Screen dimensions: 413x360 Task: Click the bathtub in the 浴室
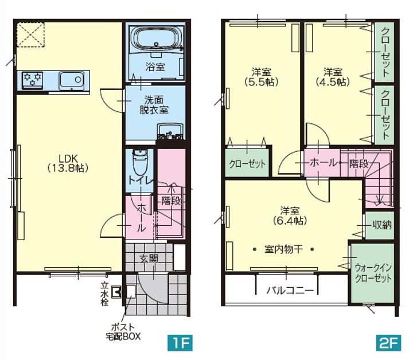[x=157, y=38]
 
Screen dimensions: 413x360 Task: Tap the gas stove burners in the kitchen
[x=33, y=80]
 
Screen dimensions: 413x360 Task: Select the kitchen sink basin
[x=72, y=80]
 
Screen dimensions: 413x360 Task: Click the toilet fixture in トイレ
[x=139, y=162]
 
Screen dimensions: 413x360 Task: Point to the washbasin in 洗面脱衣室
[x=170, y=131]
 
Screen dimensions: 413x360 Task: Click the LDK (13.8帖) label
[x=68, y=163]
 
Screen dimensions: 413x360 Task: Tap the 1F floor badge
[x=180, y=343]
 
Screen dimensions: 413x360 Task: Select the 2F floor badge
[x=389, y=343]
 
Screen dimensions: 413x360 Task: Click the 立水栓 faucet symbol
[x=116, y=292]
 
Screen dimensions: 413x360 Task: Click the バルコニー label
[x=290, y=290]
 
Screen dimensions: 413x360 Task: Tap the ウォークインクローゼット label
[x=373, y=273]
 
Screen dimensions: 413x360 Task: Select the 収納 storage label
[x=382, y=225]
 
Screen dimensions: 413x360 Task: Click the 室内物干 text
[x=283, y=249]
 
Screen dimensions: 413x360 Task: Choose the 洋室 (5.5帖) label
[x=262, y=77]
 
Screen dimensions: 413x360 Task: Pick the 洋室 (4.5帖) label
[x=333, y=77]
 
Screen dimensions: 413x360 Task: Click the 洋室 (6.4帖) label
[x=290, y=216]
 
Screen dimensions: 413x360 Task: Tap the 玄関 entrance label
[x=149, y=259]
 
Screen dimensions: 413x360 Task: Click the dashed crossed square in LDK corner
[x=30, y=35]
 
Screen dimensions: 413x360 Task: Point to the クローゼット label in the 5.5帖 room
[x=247, y=164]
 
